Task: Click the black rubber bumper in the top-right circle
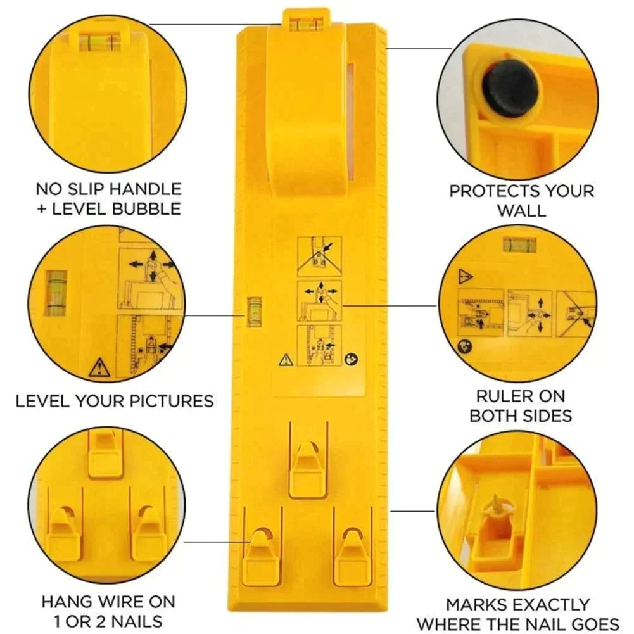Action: [x=510, y=89]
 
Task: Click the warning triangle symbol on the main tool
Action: [x=285, y=360]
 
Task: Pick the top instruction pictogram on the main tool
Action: [x=319, y=257]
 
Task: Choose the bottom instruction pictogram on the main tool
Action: [x=319, y=345]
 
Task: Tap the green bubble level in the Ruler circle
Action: [x=520, y=244]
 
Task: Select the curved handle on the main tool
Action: [x=306, y=108]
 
